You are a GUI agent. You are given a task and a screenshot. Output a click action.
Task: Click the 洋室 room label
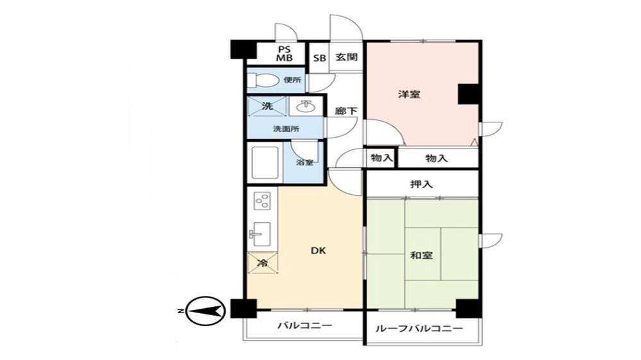pyautogui.click(x=409, y=95)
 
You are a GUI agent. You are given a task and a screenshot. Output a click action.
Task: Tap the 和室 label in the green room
pyautogui.click(x=422, y=256)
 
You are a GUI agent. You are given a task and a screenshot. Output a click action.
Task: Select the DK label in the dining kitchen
pyautogui.click(x=319, y=250)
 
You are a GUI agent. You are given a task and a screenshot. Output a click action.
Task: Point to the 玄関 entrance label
pyautogui.click(x=347, y=57)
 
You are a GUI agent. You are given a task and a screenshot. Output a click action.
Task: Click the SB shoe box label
pyautogui.click(x=320, y=58)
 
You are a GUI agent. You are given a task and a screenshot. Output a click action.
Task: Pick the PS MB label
pyautogui.click(x=285, y=54)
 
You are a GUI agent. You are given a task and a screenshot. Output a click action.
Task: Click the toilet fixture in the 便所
pyautogui.click(x=262, y=79)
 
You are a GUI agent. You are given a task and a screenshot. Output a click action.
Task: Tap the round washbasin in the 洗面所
pyautogui.click(x=304, y=107)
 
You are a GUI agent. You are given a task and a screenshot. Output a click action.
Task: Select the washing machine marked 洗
pyautogui.click(x=267, y=106)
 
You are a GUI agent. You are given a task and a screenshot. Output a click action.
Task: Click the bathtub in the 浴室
pyautogui.click(x=265, y=163)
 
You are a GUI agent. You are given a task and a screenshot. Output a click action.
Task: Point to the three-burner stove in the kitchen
pyautogui.click(x=262, y=200)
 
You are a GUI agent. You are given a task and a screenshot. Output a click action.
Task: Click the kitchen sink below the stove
pyautogui.click(x=260, y=234)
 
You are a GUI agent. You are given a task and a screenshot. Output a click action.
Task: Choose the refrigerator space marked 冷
pyautogui.click(x=262, y=263)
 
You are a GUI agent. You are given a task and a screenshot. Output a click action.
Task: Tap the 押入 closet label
pyautogui.click(x=422, y=184)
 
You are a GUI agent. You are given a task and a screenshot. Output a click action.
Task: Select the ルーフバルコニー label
pyautogui.click(x=419, y=329)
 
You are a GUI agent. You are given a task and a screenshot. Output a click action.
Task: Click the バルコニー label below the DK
pyautogui.click(x=305, y=325)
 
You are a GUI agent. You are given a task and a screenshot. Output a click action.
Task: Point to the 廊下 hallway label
pyautogui.click(x=346, y=111)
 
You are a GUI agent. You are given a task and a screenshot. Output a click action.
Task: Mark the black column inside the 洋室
pyautogui.click(x=469, y=94)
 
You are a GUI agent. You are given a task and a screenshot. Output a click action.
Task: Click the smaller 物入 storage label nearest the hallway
pyautogui.click(x=381, y=158)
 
